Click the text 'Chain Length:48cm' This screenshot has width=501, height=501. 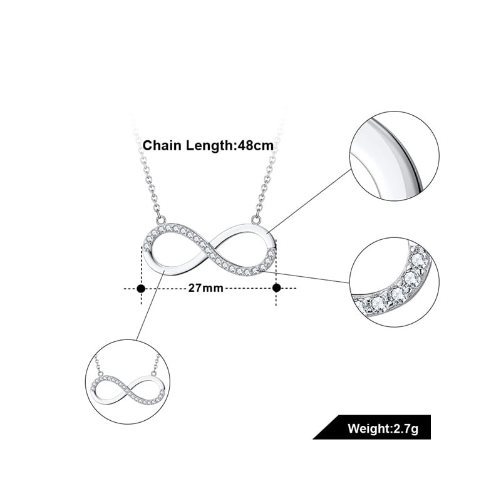coord(209,145)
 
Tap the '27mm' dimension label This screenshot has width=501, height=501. coord(206,288)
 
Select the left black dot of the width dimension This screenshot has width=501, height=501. coord(141,288)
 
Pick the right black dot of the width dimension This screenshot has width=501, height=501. coord(276,288)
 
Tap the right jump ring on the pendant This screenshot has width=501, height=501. coord(256,219)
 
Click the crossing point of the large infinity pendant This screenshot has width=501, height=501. coord(207,249)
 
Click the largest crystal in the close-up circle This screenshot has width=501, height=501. coord(411,277)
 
